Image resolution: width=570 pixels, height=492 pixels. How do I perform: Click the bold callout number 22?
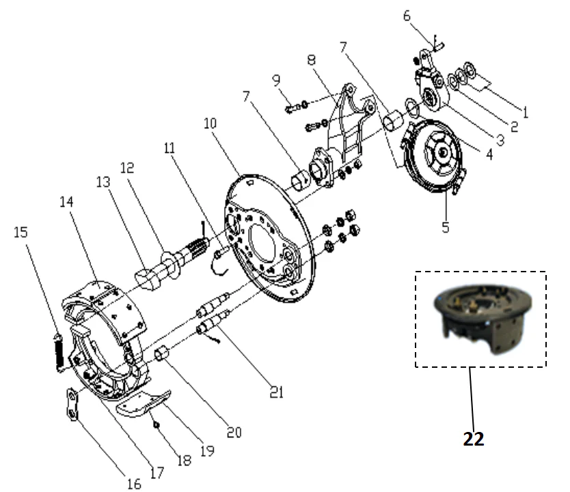472,438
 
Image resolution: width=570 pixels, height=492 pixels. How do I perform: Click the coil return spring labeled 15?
57,351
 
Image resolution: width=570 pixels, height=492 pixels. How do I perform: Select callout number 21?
277,392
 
